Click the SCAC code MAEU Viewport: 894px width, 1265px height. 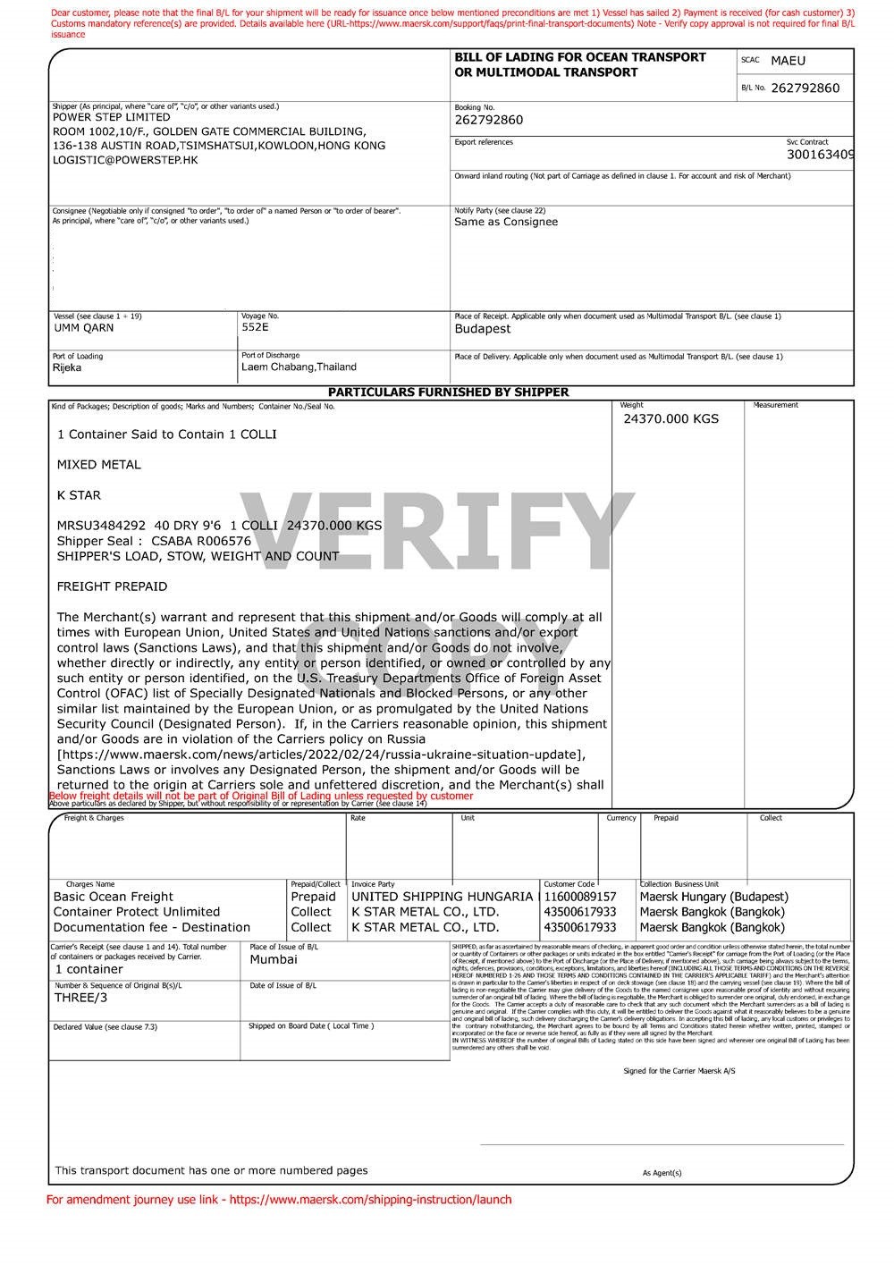click(x=788, y=61)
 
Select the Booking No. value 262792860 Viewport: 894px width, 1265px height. click(x=488, y=120)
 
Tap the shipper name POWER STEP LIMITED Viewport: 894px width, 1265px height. click(x=111, y=117)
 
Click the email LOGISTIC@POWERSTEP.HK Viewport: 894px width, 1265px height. click(x=125, y=160)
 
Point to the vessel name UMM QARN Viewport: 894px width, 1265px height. click(x=84, y=328)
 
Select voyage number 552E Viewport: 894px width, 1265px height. click(x=255, y=327)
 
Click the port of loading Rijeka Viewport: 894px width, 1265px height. click(x=67, y=367)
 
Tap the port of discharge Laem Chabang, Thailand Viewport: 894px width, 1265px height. click(x=299, y=367)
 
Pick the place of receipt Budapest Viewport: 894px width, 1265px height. click(x=483, y=329)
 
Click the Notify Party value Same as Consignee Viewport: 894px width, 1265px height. click(x=506, y=222)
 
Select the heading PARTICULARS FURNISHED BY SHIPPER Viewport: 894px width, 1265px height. click(x=448, y=392)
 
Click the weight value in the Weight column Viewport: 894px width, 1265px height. click(x=670, y=418)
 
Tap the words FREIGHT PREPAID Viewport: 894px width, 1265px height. click(x=112, y=586)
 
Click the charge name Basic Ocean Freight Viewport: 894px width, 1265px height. click(x=114, y=897)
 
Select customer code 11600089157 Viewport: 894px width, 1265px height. click(x=579, y=897)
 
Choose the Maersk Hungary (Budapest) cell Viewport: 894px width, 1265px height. click(x=713, y=897)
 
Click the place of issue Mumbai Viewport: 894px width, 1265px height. click(x=274, y=959)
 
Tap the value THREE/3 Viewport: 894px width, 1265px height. click(x=80, y=998)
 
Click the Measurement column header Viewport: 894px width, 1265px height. click(x=775, y=406)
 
